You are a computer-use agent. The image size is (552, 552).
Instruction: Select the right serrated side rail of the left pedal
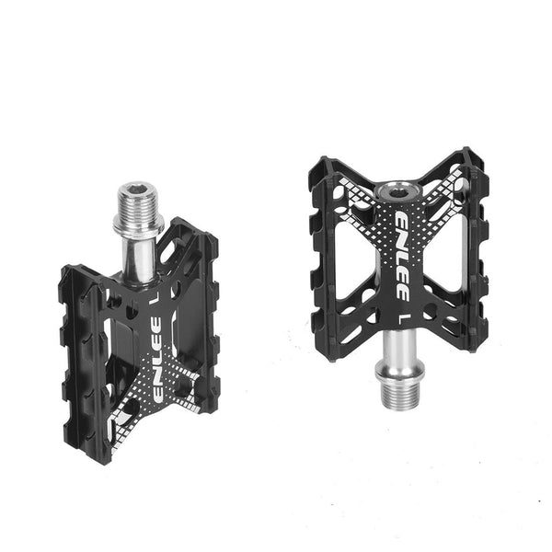[x=210, y=317]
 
